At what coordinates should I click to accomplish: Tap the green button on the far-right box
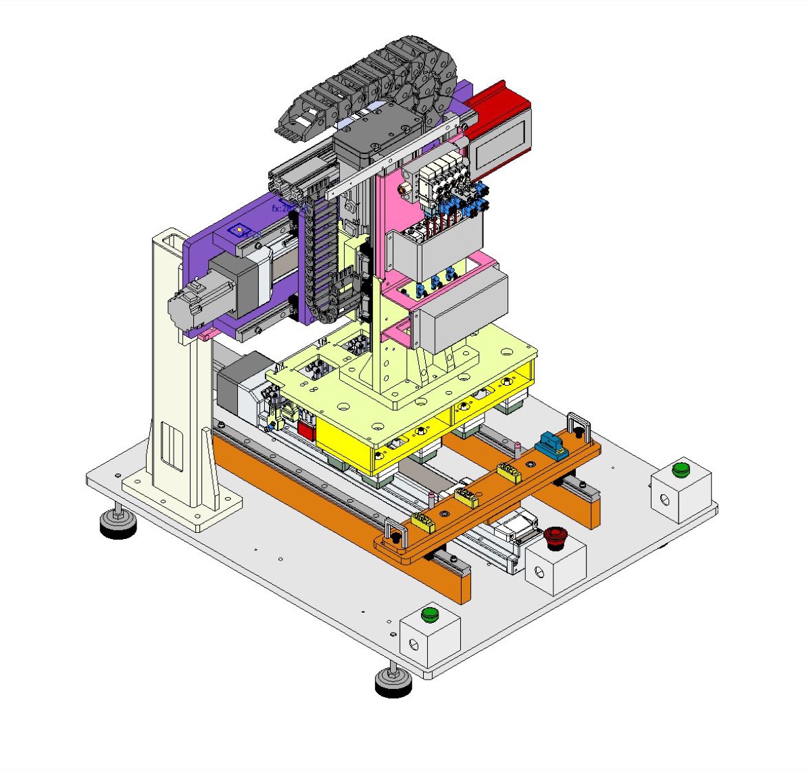[681, 469]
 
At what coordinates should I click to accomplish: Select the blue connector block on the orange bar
[551, 446]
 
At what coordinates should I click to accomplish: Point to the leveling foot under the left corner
[118, 523]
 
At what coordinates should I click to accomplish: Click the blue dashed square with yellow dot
[239, 231]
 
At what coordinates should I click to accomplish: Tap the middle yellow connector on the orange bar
[466, 497]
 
